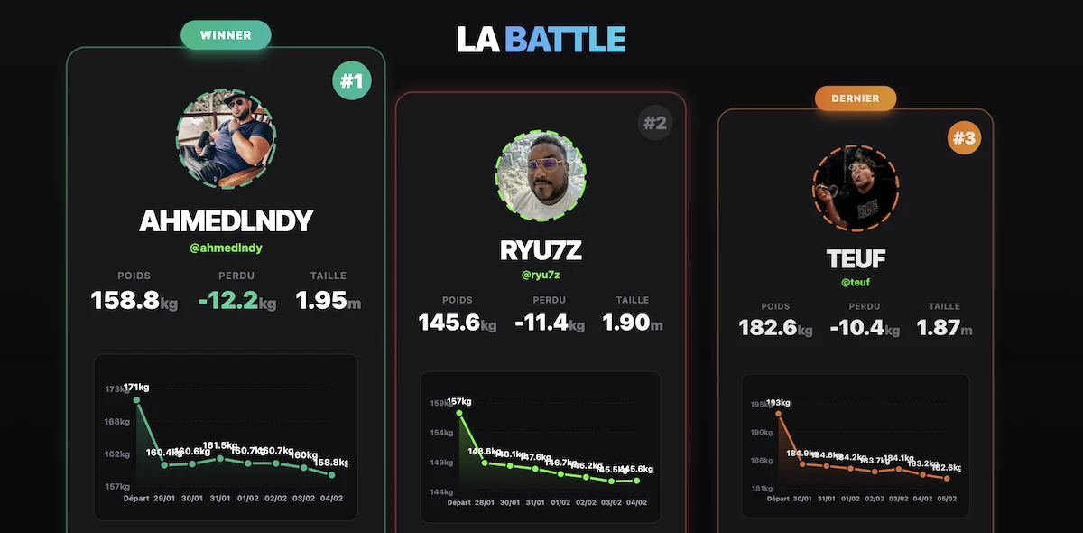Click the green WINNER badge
[x=226, y=35]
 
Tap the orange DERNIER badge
[x=855, y=98]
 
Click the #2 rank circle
[x=655, y=123]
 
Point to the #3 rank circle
[x=964, y=139]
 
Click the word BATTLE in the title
[x=565, y=40]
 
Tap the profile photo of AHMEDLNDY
[x=227, y=138]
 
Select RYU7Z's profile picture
[x=541, y=176]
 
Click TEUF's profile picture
[x=856, y=189]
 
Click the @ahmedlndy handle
[x=227, y=248]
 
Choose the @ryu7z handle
[x=541, y=275]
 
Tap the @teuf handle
[x=856, y=283]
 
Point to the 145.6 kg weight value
[x=449, y=323]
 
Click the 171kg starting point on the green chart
[x=136, y=399]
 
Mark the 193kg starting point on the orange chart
[x=778, y=414]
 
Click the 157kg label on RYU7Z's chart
[x=460, y=401]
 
